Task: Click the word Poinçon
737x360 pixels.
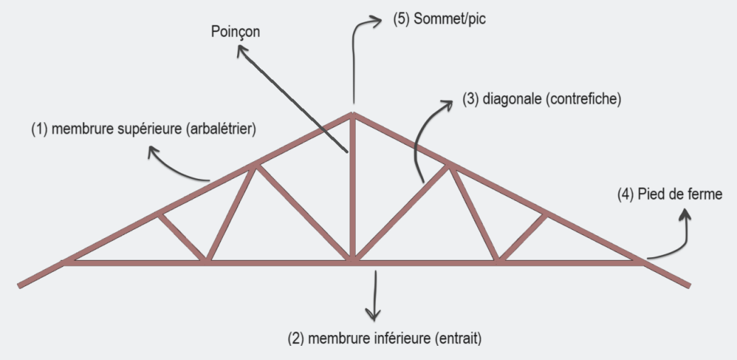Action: (x=234, y=33)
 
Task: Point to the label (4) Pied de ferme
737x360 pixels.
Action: (x=669, y=194)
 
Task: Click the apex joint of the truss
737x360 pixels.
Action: (x=351, y=114)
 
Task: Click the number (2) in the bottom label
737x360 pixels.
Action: (x=295, y=338)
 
